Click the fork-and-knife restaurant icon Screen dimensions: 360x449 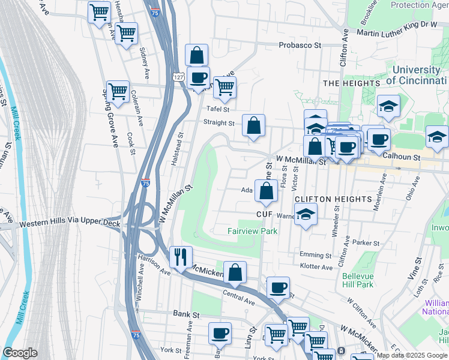(x=180, y=257)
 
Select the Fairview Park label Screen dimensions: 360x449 (x=252, y=231)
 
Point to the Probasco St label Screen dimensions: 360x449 (x=300, y=45)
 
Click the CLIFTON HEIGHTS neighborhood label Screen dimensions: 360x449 (x=333, y=199)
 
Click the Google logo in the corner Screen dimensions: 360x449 (x=20, y=353)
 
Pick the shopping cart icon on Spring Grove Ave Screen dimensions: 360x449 (x=118, y=92)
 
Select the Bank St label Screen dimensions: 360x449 (x=185, y=313)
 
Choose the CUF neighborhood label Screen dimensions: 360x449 (x=265, y=214)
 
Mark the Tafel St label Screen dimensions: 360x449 (x=218, y=109)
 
